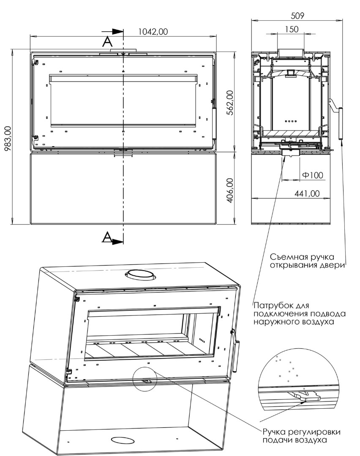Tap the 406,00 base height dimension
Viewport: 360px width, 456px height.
[229, 190]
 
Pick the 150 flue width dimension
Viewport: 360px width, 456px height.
[292, 29]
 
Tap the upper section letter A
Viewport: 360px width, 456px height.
[108, 41]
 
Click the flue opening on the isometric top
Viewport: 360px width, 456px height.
[141, 275]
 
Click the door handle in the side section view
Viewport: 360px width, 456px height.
[339, 123]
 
